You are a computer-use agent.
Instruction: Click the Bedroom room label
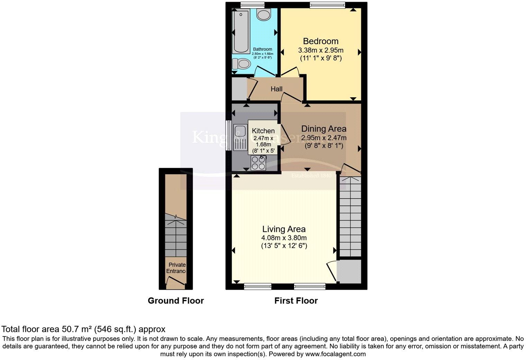click(x=320, y=41)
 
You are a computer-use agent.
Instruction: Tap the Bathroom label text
click(x=262, y=49)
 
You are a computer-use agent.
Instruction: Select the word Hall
click(x=276, y=89)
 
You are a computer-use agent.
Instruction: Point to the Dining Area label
click(x=324, y=129)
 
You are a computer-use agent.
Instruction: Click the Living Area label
click(x=284, y=229)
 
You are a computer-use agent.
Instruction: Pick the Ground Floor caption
click(x=176, y=300)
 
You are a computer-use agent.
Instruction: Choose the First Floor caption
click(x=296, y=300)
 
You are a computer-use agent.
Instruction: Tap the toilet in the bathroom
click(x=241, y=64)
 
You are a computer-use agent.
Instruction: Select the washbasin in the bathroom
click(x=264, y=15)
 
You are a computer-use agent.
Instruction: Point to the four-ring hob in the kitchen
click(x=258, y=163)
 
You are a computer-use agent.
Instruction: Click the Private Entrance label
click(x=176, y=268)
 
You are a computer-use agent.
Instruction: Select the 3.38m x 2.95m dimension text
click(x=320, y=50)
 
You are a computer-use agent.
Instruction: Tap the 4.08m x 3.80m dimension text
click(x=284, y=238)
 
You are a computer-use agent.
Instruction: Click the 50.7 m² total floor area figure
click(x=77, y=329)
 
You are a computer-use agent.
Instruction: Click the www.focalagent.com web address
click(x=335, y=354)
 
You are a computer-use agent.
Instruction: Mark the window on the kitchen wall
click(x=228, y=135)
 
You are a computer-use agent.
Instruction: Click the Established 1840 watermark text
click(x=311, y=175)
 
